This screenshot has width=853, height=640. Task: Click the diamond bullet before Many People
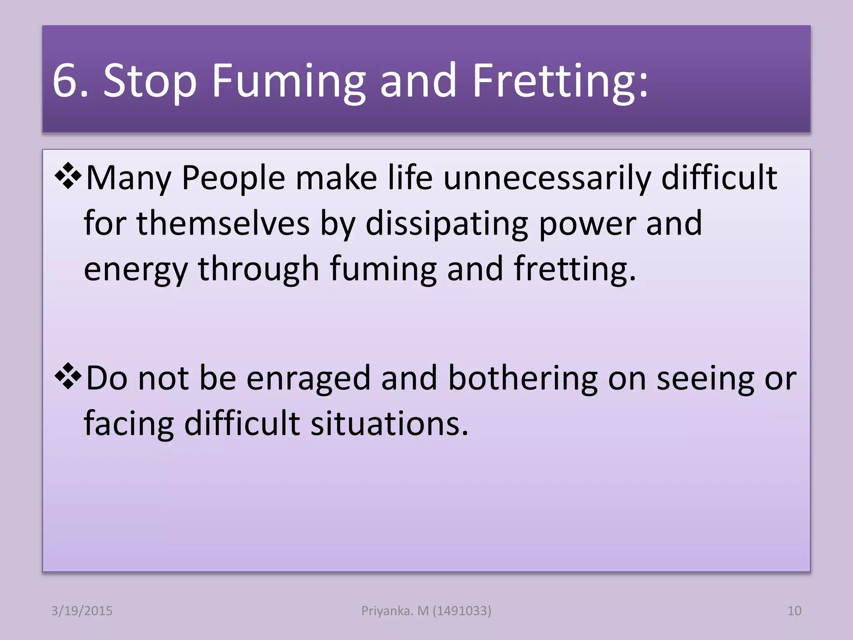68,177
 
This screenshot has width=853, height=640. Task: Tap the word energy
136,270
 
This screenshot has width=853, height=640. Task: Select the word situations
389,423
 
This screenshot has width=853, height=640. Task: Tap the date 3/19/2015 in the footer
82,611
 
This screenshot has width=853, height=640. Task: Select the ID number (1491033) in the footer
462,611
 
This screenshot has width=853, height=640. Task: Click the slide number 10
794,611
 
